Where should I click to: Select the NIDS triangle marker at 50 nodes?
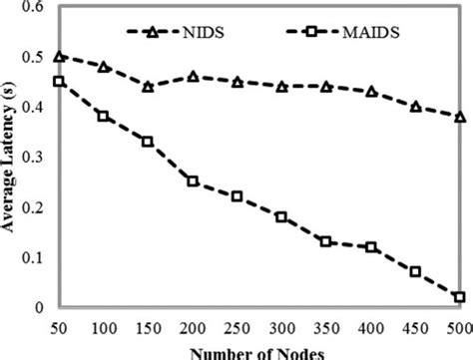coord(59,57)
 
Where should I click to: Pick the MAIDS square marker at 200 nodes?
coord(193,181)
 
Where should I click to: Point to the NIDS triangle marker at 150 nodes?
coord(148,87)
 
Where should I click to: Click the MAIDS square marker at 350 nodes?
coord(326,241)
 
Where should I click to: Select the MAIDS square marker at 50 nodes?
coord(59,82)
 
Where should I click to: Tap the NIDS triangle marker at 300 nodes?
coord(281,87)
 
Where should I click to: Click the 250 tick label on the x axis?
coord(237,327)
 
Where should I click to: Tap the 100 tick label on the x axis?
coord(104,327)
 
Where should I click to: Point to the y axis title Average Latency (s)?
coord(9,160)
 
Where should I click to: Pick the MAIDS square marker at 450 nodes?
coord(415,271)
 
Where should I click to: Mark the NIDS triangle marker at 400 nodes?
coord(370,92)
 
